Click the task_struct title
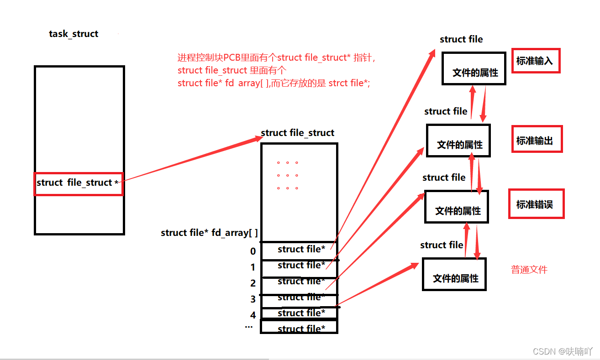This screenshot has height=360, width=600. tap(74, 34)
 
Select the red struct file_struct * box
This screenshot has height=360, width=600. tap(79, 183)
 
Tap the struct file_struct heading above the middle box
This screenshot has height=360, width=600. tap(297, 133)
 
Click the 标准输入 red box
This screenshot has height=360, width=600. tap(536, 61)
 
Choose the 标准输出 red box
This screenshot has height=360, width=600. tap(537, 139)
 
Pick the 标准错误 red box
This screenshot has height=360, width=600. tap(536, 204)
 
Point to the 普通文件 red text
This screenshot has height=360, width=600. tap(529, 270)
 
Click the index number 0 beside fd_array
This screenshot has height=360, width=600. tap(253, 251)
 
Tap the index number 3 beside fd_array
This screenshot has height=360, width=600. tap(253, 299)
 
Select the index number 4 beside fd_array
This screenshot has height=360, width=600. tap(253, 315)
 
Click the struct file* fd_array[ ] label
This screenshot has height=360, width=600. tap(209, 233)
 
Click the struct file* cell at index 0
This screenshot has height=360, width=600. tap(301, 250)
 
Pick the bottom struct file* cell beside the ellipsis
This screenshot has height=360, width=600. tap(301, 329)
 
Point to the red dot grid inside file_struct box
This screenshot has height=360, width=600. tap(288, 175)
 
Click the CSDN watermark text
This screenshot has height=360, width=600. tap(562, 351)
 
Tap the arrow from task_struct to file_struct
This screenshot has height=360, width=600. tap(192, 158)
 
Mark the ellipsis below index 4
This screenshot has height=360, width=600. tap(249, 327)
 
